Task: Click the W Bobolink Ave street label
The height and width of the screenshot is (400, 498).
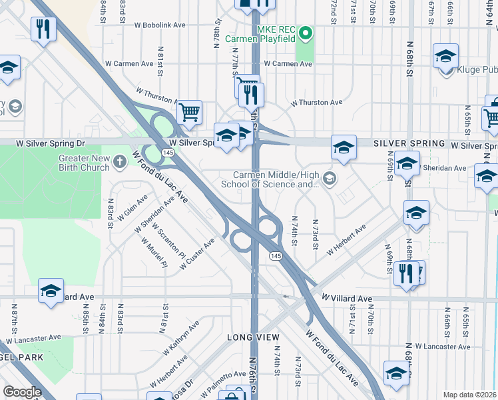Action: [160, 25]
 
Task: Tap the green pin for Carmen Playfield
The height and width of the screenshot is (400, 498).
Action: [306, 32]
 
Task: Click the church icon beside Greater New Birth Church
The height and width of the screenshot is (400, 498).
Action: [120, 161]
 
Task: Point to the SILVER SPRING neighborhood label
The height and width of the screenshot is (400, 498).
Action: [409, 143]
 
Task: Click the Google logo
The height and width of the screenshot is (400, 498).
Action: [22, 392]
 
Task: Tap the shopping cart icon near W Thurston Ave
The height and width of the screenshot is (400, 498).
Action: [190, 112]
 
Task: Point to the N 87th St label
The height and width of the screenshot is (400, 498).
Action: [14, 317]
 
